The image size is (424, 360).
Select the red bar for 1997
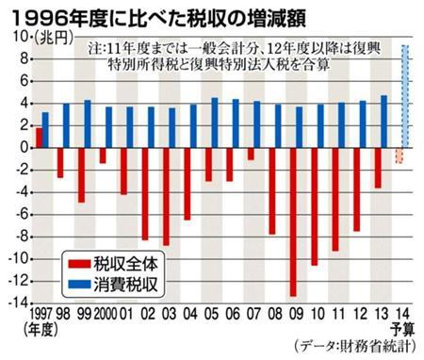point(39,138)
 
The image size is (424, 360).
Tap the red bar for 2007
point(251,154)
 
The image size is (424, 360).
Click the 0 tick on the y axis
point(23,148)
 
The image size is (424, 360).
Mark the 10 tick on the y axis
point(19,37)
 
